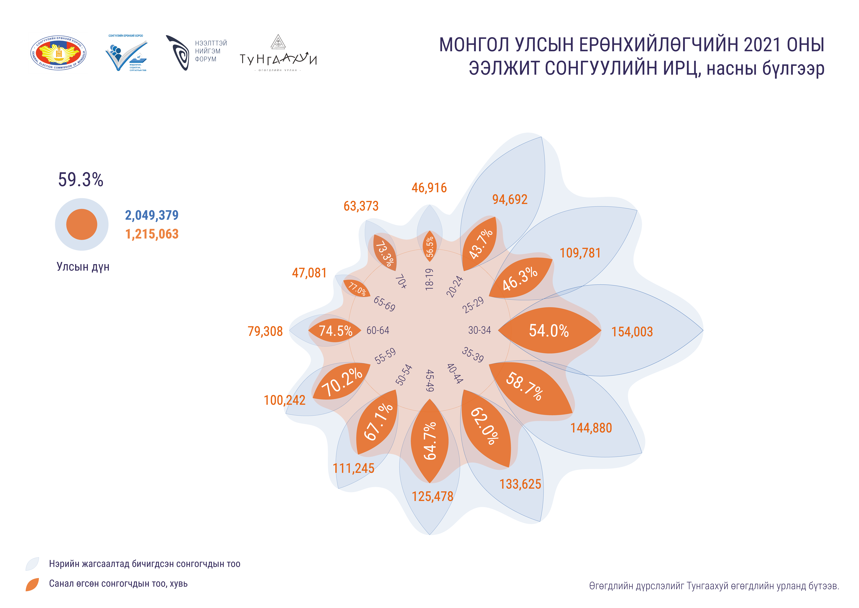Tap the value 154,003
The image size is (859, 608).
(x=632, y=332)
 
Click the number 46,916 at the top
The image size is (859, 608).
(x=429, y=188)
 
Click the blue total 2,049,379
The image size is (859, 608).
(x=152, y=215)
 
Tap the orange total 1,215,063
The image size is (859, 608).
(x=152, y=234)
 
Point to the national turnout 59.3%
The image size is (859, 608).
(x=80, y=180)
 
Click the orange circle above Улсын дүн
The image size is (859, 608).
(x=82, y=224)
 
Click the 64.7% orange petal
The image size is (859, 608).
(x=429, y=441)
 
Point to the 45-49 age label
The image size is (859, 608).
(x=430, y=381)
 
